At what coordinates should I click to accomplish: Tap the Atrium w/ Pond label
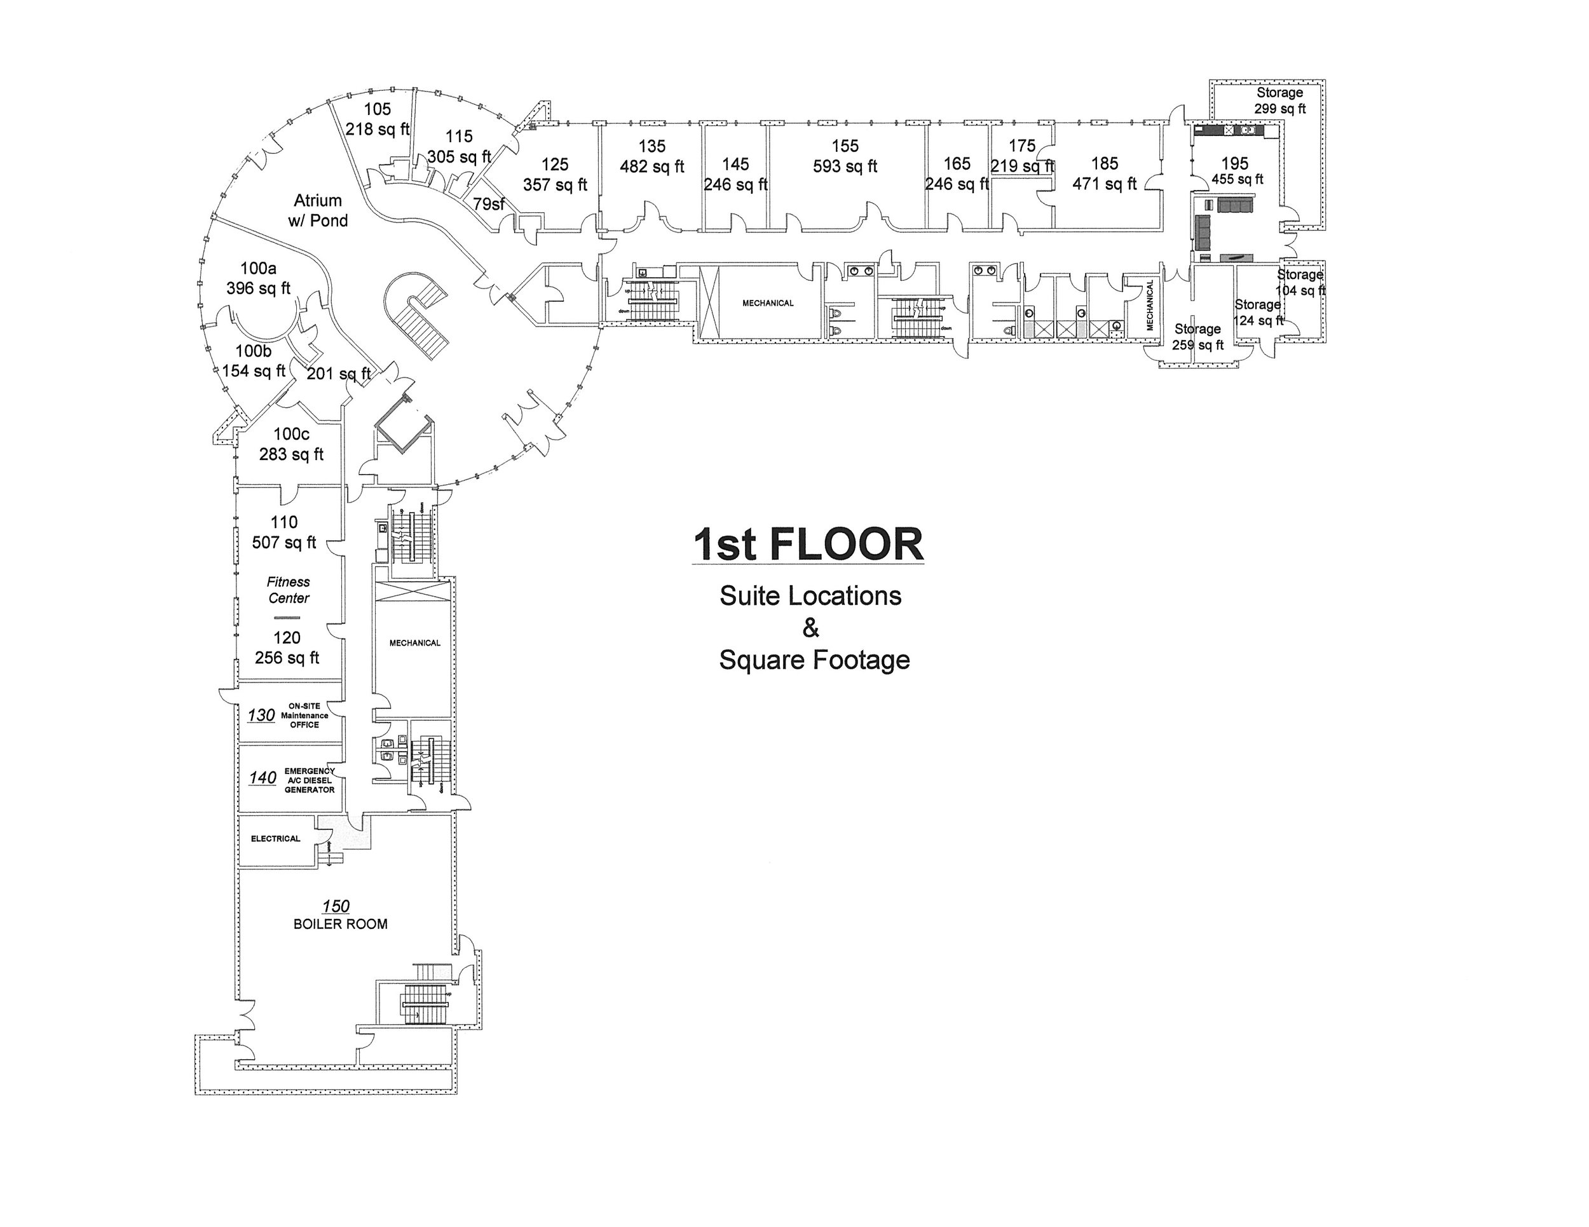pyautogui.click(x=318, y=210)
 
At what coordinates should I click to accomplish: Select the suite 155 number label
pyautogui.click(x=845, y=146)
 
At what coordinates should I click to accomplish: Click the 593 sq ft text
pyautogui.click(x=845, y=166)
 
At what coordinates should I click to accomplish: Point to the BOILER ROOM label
pyautogui.click(x=341, y=924)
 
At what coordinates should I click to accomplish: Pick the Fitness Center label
pyautogui.click(x=288, y=590)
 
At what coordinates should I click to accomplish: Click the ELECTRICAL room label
pyautogui.click(x=275, y=839)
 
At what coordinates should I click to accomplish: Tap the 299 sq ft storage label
pyautogui.click(x=1280, y=109)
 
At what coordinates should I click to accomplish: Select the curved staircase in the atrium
pyautogui.click(x=418, y=313)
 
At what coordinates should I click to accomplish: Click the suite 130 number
pyautogui.click(x=261, y=715)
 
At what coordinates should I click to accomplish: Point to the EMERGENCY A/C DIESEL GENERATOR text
pyautogui.click(x=309, y=780)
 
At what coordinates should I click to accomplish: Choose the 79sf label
pyautogui.click(x=488, y=205)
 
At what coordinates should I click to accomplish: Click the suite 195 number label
pyautogui.click(x=1235, y=164)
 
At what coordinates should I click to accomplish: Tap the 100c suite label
pyautogui.click(x=291, y=434)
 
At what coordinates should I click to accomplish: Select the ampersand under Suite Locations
pyautogui.click(x=810, y=627)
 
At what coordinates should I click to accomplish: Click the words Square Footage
pyautogui.click(x=814, y=660)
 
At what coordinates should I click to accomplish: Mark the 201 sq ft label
pyautogui.click(x=338, y=374)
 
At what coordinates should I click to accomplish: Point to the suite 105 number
pyautogui.click(x=378, y=109)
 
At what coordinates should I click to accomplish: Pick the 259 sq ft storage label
pyautogui.click(x=1197, y=345)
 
